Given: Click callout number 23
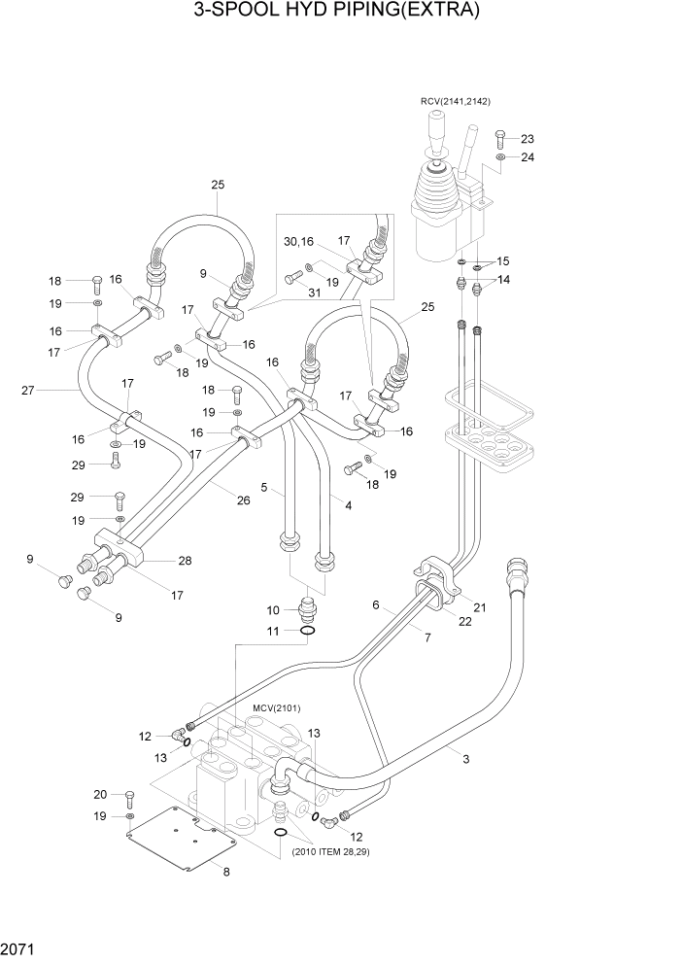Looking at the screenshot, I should coord(528,139).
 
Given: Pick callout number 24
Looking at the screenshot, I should coord(528,157).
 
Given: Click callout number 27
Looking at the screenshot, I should coord(28,391).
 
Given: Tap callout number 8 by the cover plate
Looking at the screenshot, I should coord(226,872).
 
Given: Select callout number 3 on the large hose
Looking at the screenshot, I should coord(465,758).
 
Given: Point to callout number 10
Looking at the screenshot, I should coord(274,610).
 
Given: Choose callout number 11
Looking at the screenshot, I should coord(274,632).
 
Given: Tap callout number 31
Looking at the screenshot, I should coord(313,293).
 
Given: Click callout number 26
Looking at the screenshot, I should coord(244,500).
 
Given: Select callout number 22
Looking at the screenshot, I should coord(465,622).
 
